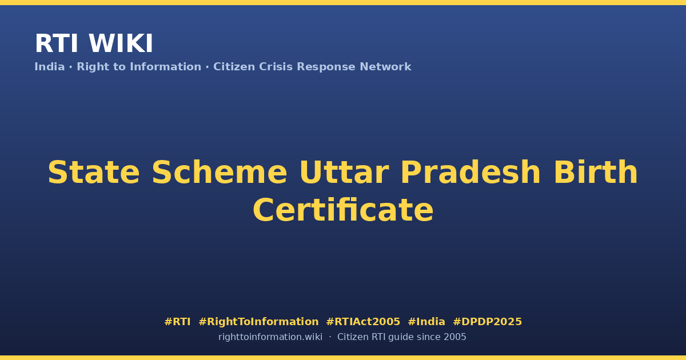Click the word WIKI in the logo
(x=121, y=43)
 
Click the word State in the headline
(x=94, y=173)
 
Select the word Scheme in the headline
(x=220, y=173)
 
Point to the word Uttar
(x=344, y=173)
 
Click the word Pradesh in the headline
(x=470, y=173)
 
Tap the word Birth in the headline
(x=596, y=173)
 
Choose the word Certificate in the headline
(x=343, y=210)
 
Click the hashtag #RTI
(x=177, y=322)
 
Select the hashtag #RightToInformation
(x=258, y=322)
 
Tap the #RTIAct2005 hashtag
(x=363, y=322)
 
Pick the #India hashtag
(x=426, y=322)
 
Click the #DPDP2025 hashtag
(x=487, y=322)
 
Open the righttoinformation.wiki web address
(x=270, y=337)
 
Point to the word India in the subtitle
(x=50, y=67)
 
